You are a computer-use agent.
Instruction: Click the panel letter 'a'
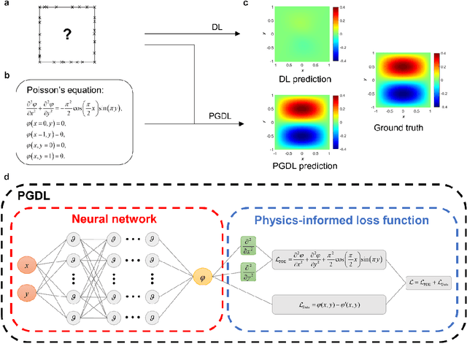click(6, 4)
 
